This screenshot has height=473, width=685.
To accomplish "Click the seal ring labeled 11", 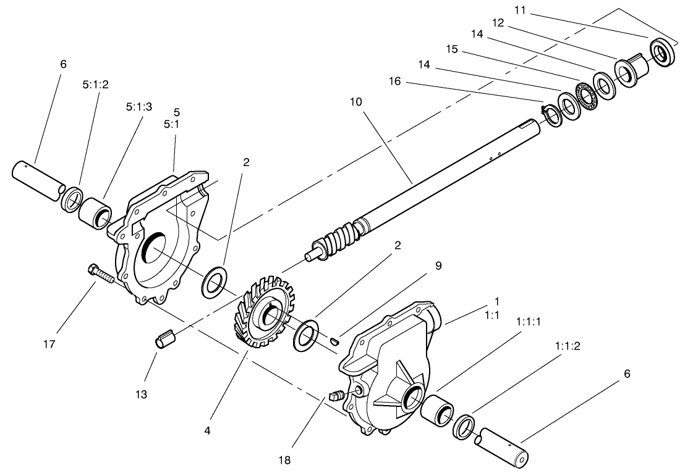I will [x=663, y=52].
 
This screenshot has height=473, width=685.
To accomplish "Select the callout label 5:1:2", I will [x=95, y=85].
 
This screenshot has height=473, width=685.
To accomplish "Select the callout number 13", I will [x=142, y=394].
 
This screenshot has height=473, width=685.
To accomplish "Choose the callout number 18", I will [x=284, y=459].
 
